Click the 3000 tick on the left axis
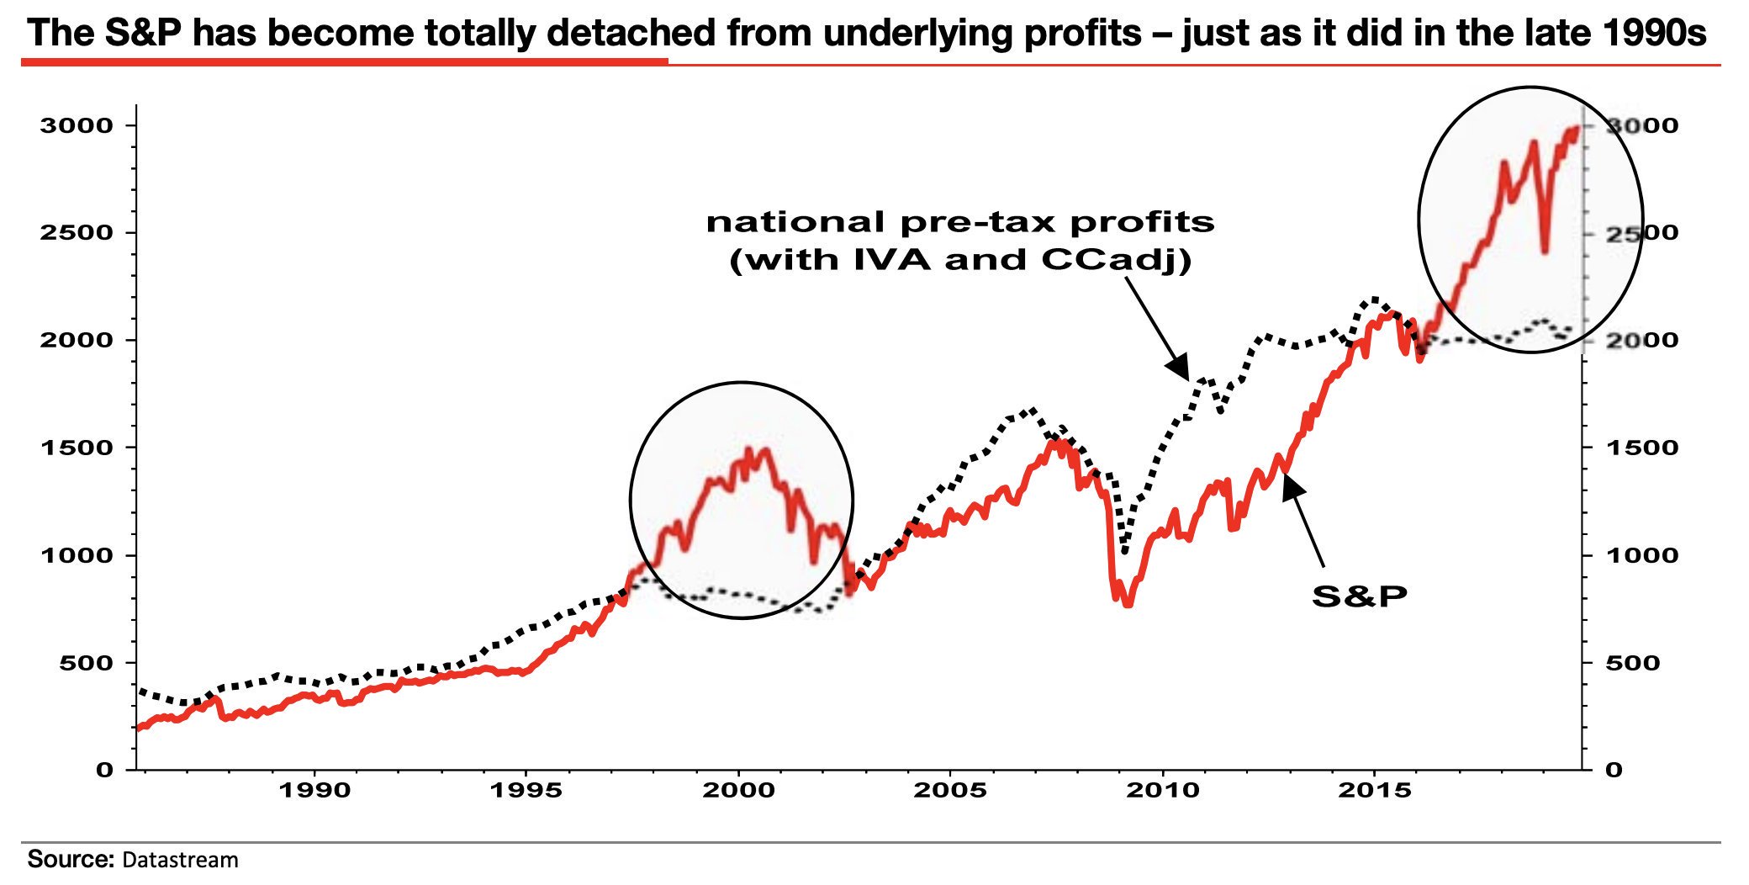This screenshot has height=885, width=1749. pos(76,126)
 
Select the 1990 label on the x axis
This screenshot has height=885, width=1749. pos(314,791)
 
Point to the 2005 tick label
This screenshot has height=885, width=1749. pos(950,791)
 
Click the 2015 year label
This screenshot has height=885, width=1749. pos(1375,791)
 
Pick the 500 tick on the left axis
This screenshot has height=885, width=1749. pos(86,663)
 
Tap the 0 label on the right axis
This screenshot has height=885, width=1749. pos(1613,770)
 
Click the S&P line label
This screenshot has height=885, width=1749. pos(1359,596)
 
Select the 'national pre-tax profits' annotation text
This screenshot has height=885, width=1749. pos(960,222)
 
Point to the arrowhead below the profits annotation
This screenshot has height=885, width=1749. pos(1180,368)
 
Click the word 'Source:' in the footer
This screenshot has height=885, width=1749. pos(70,859)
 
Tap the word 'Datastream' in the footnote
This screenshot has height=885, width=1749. pos(180,860)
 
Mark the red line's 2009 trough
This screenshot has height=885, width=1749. pos(1128,603)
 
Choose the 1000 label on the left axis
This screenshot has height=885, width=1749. pos(76,555)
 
